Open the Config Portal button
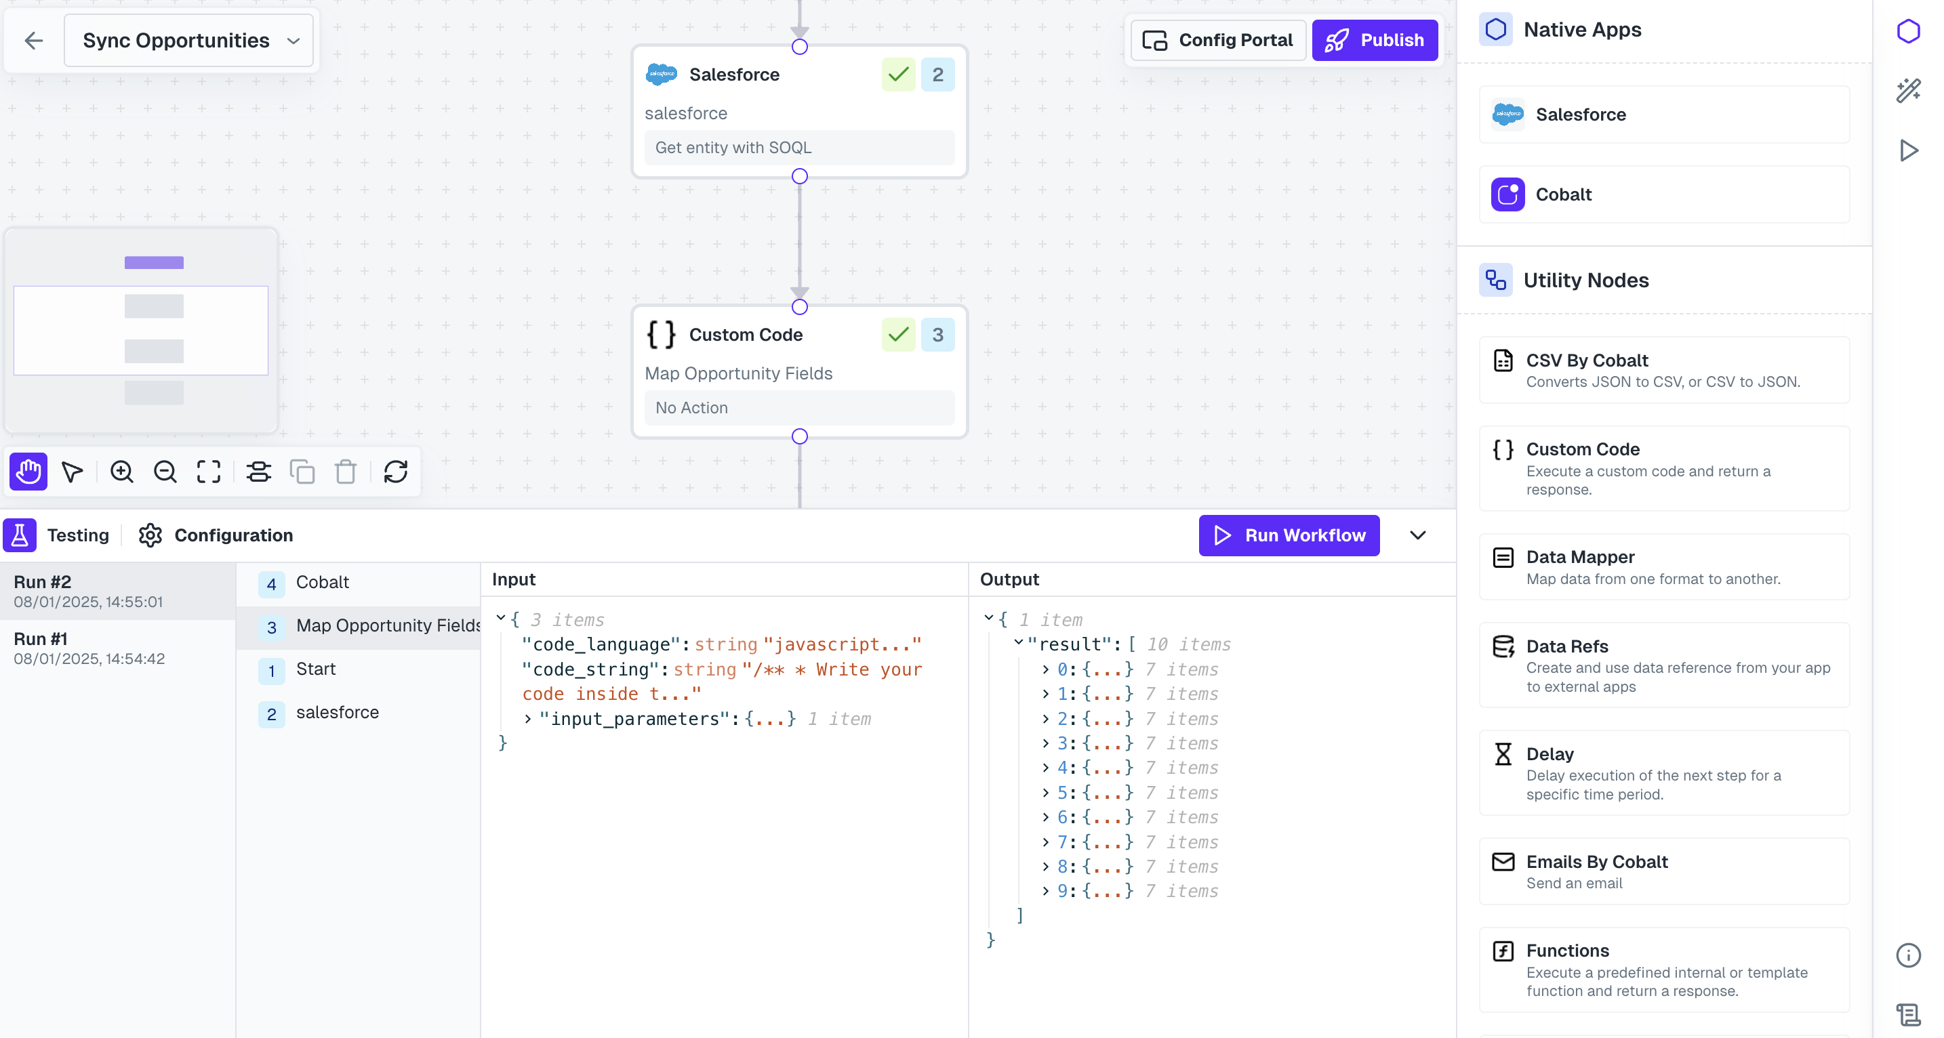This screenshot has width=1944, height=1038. [x=1218, y=40]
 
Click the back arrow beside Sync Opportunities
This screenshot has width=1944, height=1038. [x=33, y=40]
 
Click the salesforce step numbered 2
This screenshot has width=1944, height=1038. [x=337, y=712]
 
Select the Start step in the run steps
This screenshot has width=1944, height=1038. [x=315, y=669]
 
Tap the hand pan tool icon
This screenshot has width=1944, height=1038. [x=28, y=472]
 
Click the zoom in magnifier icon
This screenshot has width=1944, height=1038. [x=121, y=472]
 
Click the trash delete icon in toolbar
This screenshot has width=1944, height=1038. [x=346, y=472]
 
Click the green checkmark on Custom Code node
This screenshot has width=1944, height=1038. [x=898, y=334]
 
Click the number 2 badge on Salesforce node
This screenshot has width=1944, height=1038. [x=937, y=75]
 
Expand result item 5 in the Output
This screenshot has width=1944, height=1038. [x=1045, y=793]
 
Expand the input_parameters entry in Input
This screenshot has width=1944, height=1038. [x=528, y=719]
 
